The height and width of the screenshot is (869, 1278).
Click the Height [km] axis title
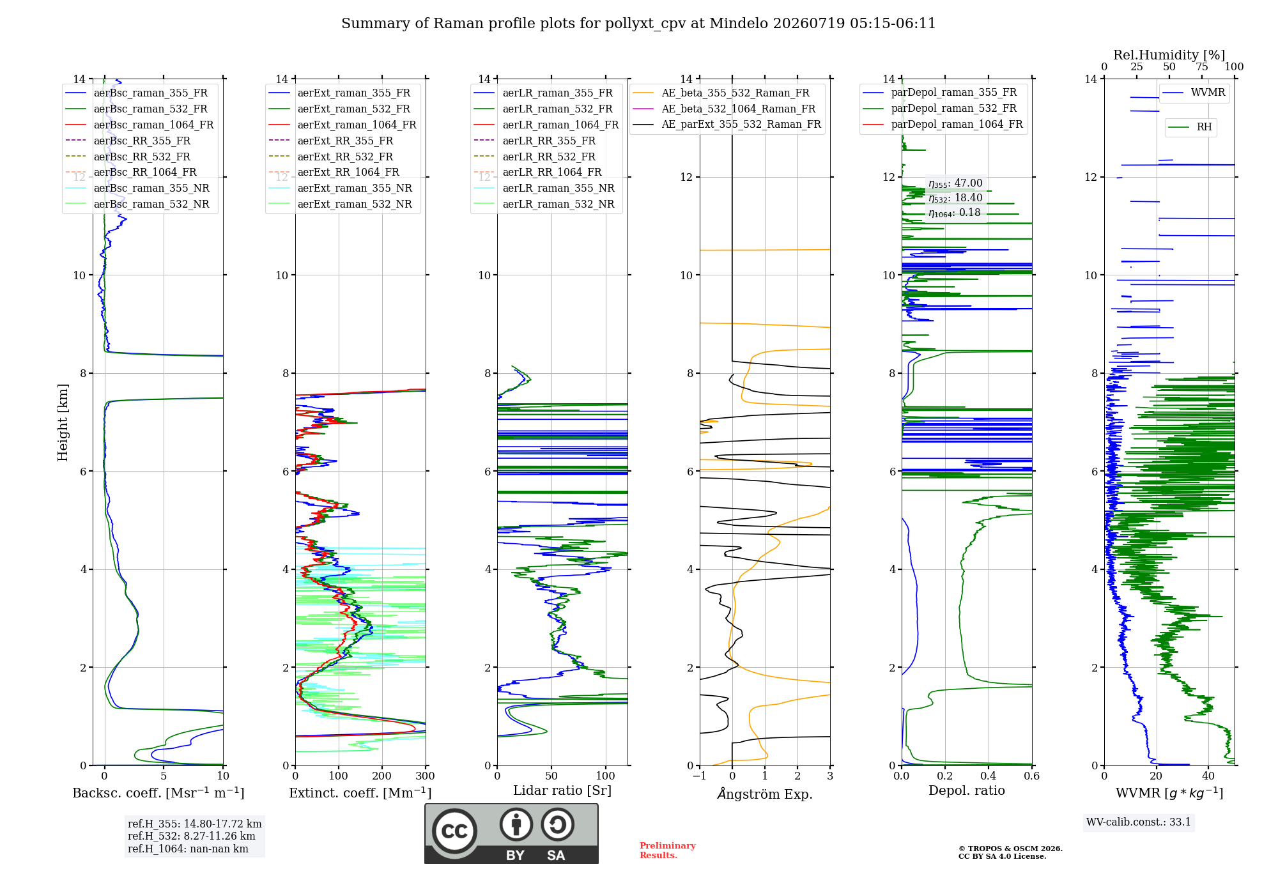point(63,422)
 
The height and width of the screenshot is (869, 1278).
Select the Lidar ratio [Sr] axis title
point(562,790)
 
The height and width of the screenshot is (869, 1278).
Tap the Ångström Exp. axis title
point(765,794)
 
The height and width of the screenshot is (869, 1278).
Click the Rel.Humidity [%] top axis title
point(1169,55)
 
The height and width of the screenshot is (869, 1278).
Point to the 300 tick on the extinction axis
point(425,776)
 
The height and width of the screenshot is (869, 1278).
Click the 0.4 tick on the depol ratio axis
point(989,776)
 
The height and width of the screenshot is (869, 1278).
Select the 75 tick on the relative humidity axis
point(1202,66)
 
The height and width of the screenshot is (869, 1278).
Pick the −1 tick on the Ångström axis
point(699,776)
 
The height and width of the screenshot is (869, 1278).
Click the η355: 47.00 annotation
point(955,183)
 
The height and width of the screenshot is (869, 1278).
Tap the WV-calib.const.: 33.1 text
point(1139,822)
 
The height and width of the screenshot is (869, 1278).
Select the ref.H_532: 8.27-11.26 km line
point(191,836)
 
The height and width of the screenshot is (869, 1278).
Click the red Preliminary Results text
point(668,850)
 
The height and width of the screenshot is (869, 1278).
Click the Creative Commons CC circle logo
point(454,831)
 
